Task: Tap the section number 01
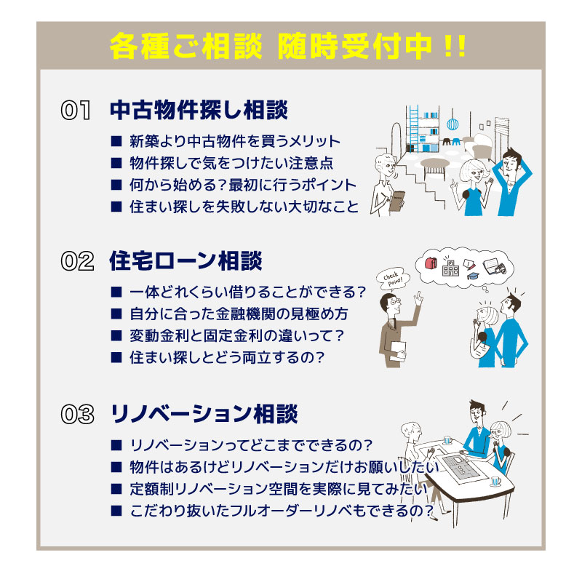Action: click(x=76, y=111)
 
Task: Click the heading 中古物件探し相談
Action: click(x=199, y=111)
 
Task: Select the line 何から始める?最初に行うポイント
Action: click(x=243, y=185)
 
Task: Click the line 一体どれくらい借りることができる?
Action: click(x=247, y=292)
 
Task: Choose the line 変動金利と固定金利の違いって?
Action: click(x=237, y=336)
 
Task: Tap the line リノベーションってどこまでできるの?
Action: click(x=252, y=445)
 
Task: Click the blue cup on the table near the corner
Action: click(x=495, y=481)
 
